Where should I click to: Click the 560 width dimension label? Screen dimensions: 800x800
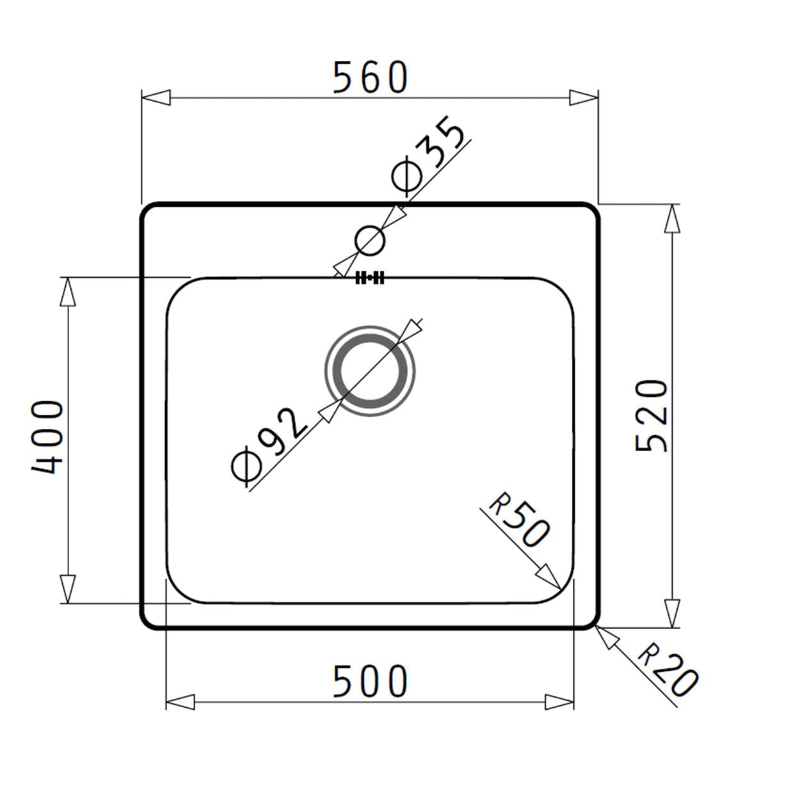(x=370, y=77)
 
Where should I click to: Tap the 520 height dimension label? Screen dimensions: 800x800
(x=652, y=416)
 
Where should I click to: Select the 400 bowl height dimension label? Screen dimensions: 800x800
(x=48, y=438)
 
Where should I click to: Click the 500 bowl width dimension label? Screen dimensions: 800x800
(x=370, y=681)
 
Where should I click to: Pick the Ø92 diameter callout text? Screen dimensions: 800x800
(x=268, y=445)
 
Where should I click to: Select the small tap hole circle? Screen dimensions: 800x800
(x=369, y=241)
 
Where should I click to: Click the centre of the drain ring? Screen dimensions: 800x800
(x=370, y=372)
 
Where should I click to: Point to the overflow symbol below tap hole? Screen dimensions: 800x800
(x=370, y=278)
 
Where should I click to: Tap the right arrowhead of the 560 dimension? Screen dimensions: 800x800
(x=583, y=98)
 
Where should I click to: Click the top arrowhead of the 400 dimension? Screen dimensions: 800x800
(x=67, y=292)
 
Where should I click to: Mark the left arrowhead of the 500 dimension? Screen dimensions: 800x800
(x=181, y=701)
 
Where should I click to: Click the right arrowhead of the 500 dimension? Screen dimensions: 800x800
(x=559, y=701)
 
